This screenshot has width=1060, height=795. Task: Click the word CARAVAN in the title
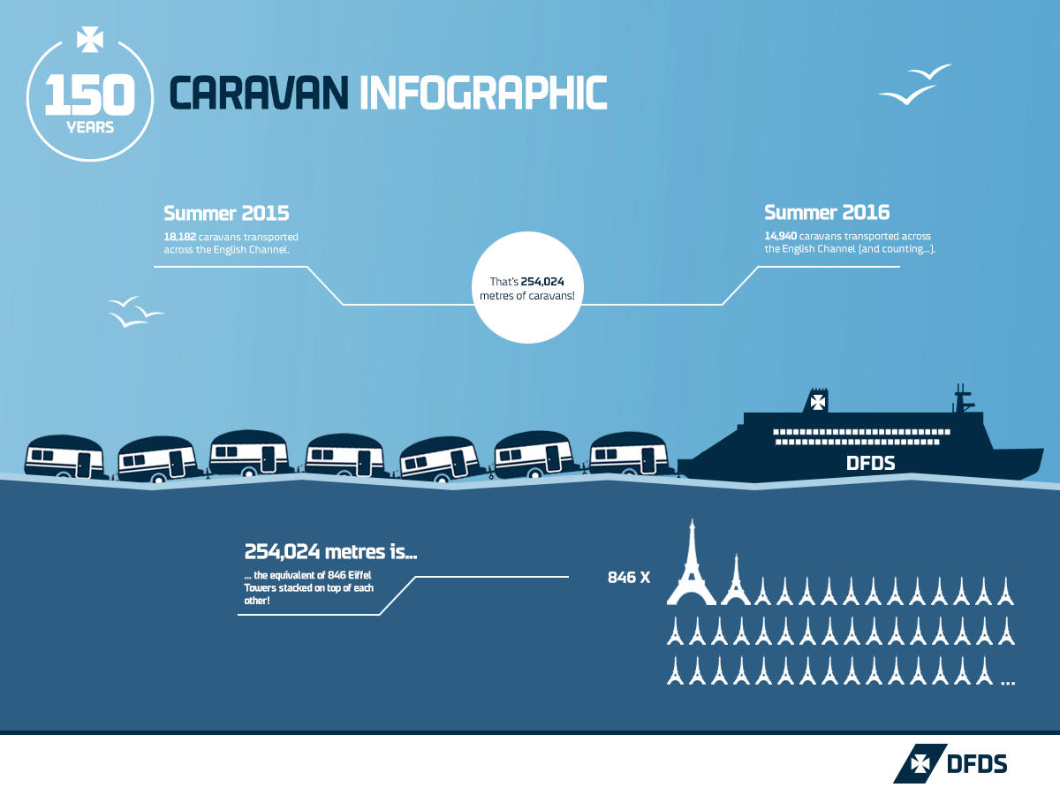[x=259, y=93]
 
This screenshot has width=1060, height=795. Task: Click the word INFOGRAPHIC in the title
[x=483, y=93]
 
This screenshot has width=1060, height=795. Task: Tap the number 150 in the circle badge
[x=89, y=95]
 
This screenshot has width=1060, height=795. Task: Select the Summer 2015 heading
[x=226, y=213]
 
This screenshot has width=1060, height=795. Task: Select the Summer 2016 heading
[x=827, y=213]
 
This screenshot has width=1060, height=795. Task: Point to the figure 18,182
[x=181, y=237]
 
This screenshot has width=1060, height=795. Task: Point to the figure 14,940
[x=782, y=237]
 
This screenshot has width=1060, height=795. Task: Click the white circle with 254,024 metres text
[x=526, y=287]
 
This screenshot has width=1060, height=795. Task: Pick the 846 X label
[x=629, y=578]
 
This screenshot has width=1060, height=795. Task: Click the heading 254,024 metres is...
[x=330, y=553]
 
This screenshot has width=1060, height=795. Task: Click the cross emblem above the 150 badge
[x=90, y=40]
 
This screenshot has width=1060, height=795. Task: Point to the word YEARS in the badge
[x=90, y=127]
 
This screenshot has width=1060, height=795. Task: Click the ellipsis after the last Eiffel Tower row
[x=1008, y=682]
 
